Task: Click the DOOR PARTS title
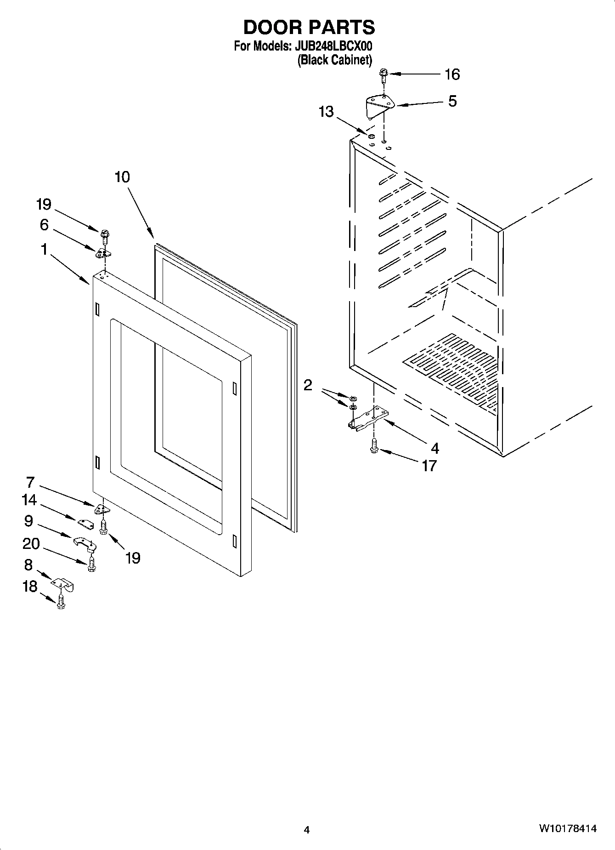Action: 309,28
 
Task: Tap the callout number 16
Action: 452,74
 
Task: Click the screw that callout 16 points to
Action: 384,74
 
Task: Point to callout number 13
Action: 326,112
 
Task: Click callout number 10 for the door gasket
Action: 122,177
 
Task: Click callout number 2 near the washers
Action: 308,385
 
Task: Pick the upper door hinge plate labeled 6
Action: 104,252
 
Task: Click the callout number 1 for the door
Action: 44,250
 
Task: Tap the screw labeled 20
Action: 91,564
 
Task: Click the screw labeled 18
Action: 61,603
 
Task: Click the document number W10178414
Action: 568,829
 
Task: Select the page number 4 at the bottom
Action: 307,830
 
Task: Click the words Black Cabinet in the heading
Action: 335,60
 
